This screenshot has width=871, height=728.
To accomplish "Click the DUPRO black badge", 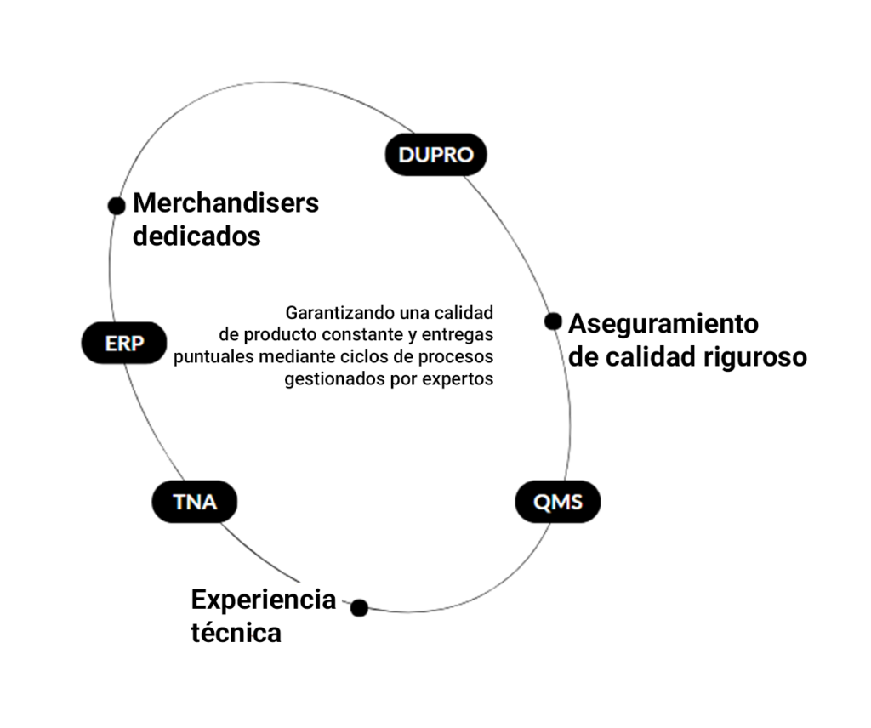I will tap(435, 155).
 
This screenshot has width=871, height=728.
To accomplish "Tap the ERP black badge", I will tap(124, 344).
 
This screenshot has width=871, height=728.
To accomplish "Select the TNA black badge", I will tap(195, 502).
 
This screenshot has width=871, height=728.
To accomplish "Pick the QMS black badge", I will tap(558, 502).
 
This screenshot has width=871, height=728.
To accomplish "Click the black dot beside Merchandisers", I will tap(117, 206).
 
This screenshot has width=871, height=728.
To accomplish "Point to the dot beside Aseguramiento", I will tap(553, 321).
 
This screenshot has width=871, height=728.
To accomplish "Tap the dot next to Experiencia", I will tap(359, 607).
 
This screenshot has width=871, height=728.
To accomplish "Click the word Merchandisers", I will tap(225, 203).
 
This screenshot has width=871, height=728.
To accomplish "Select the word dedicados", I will tap(196, 236).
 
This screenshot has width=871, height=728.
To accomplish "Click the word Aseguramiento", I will tap(663, 324).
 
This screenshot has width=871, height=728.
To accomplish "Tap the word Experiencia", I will tap(263, 600).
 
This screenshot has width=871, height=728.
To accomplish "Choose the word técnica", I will tap(236, 633).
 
